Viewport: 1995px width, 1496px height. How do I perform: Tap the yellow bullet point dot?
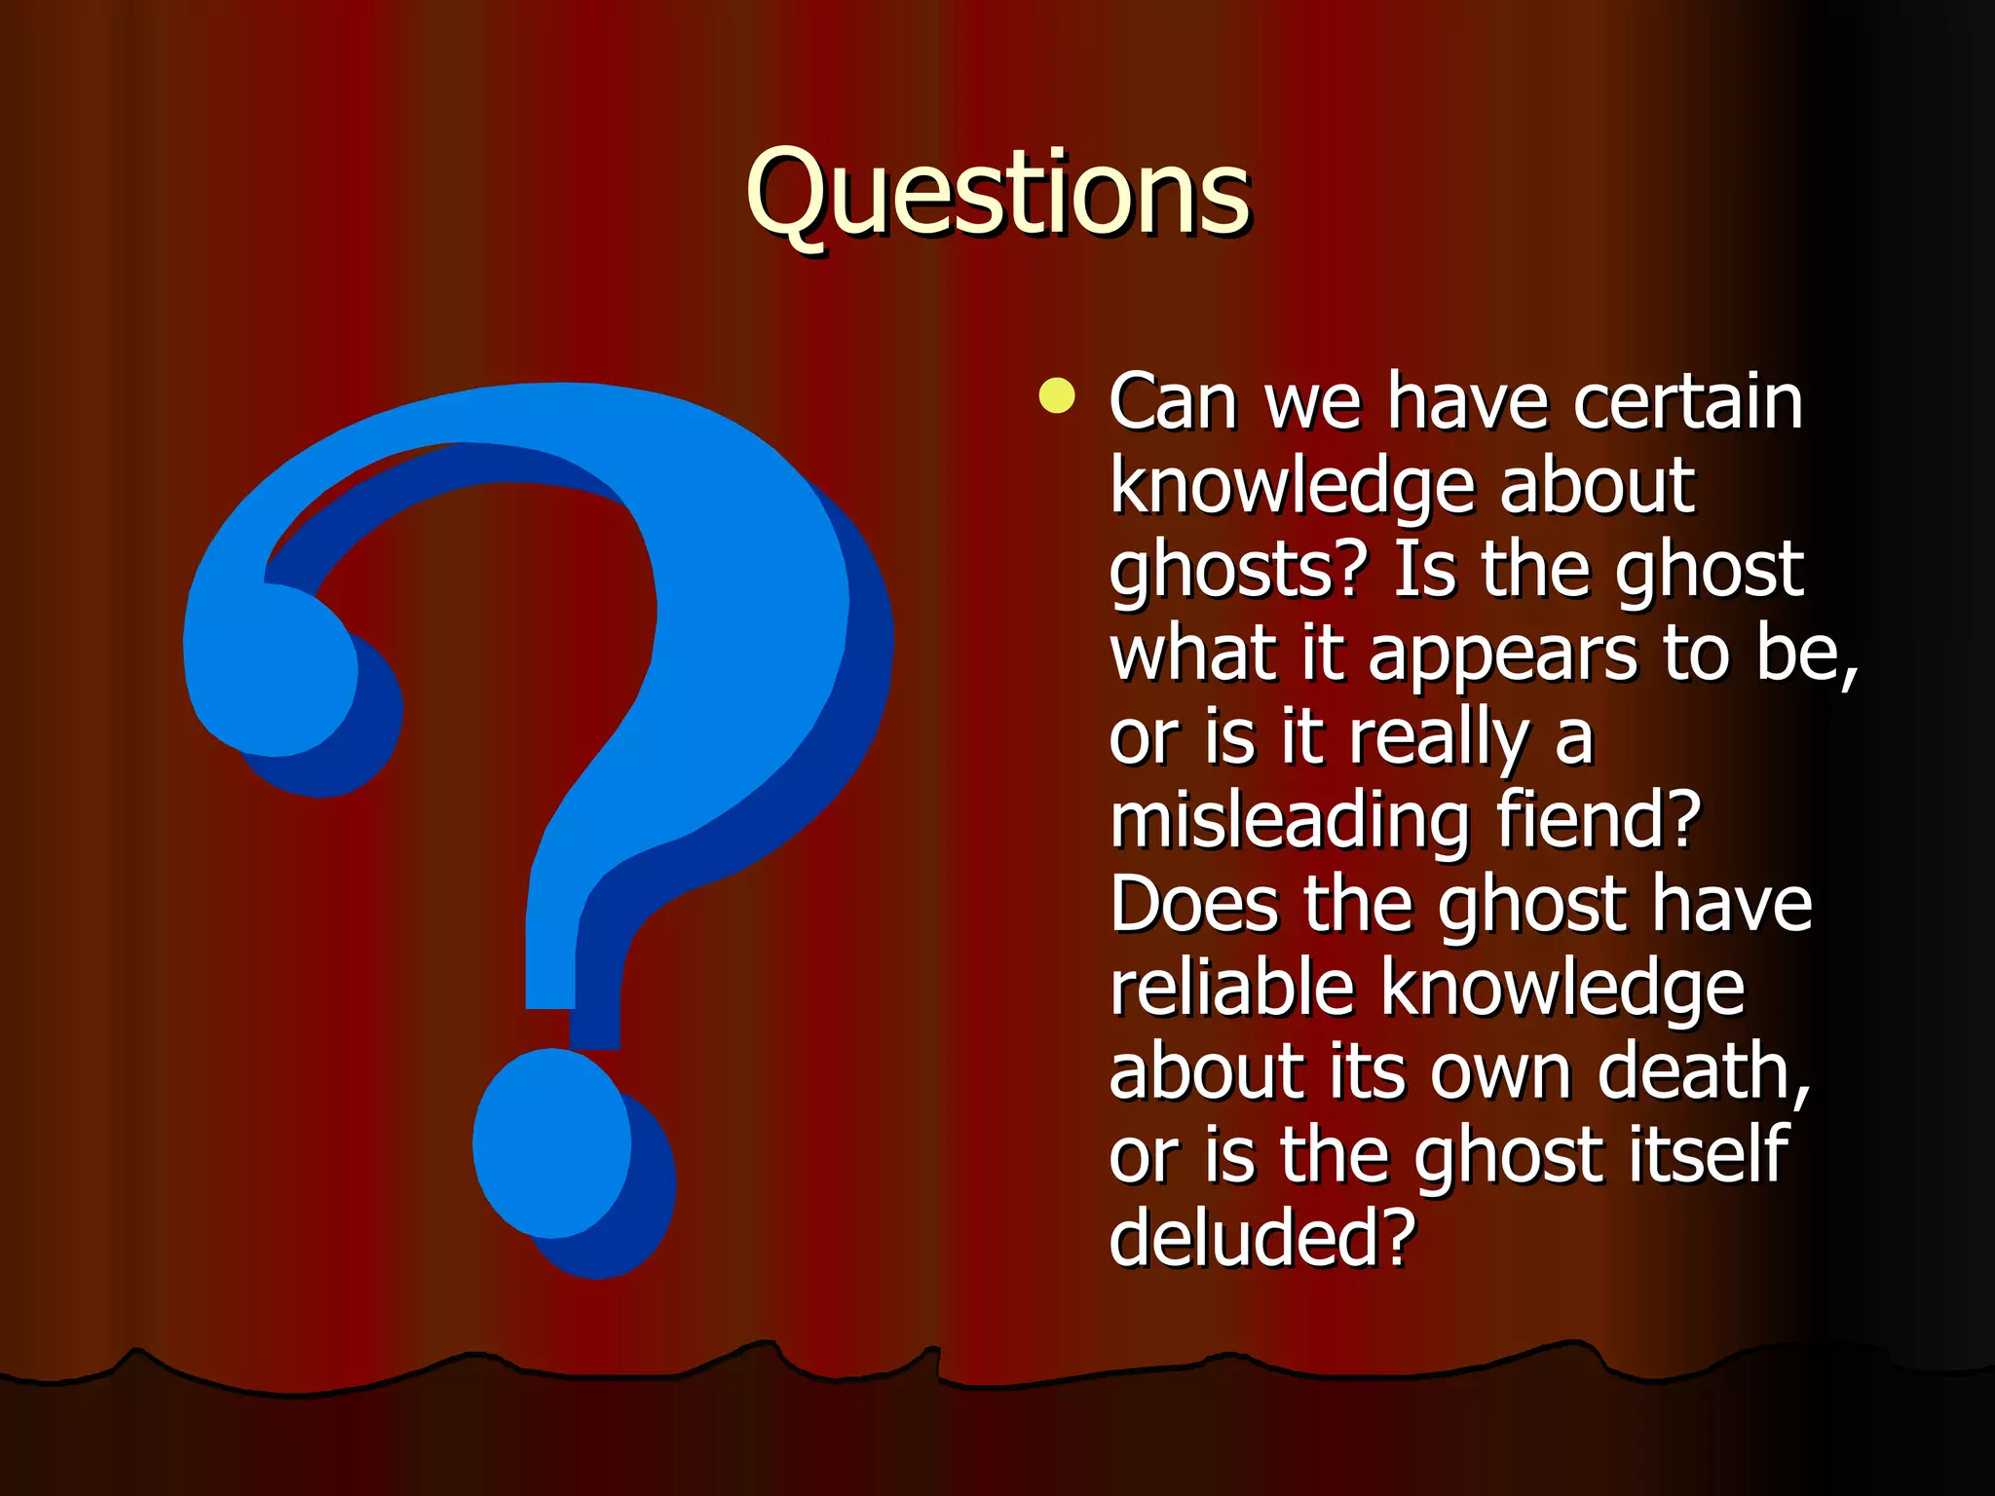point(1057,396)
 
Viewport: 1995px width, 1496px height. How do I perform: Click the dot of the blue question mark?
point(552,1143)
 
